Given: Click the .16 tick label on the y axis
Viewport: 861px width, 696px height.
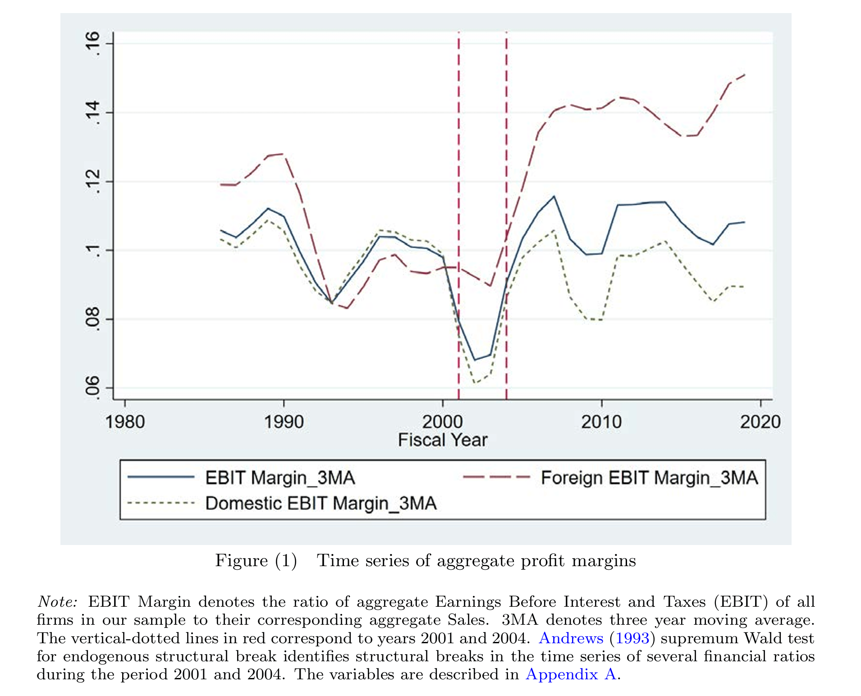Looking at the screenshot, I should pyautogui.click(x=93, y=43).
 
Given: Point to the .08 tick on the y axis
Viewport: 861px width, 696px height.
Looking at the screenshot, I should pyautogui.click(x=93, y=319).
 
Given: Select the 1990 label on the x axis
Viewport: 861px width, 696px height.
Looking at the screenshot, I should pyautogui.click(x=284, y=422).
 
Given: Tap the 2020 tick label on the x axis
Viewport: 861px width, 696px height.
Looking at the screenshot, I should pyautogui.click(x=760, y=422).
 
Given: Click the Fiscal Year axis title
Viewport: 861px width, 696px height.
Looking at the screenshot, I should pyautogui.click(x=442, y=440).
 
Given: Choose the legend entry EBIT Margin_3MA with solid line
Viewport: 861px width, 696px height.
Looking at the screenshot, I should pyautogui.click(x=279, y=478).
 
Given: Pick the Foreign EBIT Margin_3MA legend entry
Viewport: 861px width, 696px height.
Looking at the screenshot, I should pyautogui.click(x=649, y=478).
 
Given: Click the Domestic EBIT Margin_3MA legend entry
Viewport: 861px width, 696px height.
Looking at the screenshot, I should pyautogui.click(x=321, y=504).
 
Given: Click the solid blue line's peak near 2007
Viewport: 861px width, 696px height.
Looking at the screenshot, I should pyautogui.click(x=554, y=197).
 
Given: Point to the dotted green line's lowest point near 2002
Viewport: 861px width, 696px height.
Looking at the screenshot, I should pyautogui.click(x=475, y=383).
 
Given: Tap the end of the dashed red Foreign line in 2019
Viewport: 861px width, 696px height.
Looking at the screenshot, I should pyautogui.click(x=744, y=75).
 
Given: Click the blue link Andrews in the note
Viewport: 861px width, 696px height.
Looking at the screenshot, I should pyautogui.click(x=571, y=638).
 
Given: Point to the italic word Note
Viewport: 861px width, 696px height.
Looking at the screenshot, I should pyautogui.click(x=57, y=602).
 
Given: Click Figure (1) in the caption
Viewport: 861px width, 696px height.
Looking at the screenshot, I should pyautogui.click(x=256, y=561).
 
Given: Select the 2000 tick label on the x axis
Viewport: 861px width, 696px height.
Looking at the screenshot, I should pyautogui.click(x=442, y=422).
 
